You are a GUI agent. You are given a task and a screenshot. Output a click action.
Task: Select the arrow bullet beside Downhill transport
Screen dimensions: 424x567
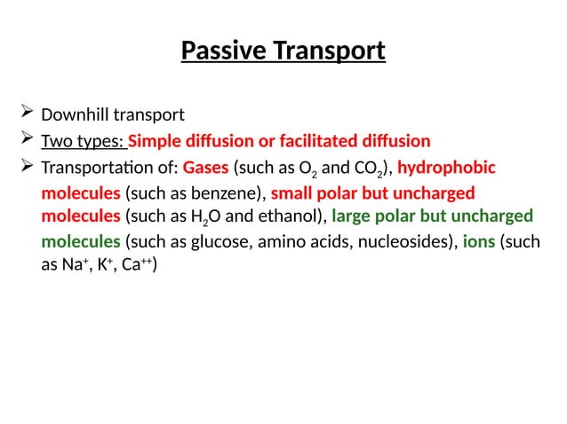click(x=24, y=114)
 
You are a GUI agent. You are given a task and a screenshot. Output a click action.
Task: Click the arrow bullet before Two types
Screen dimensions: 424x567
click(x=24, y=140)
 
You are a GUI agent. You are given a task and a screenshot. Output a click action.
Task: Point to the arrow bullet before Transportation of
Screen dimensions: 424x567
click(x=24, y=167)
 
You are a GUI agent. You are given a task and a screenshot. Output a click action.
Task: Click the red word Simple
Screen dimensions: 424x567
click(x=156, y=141)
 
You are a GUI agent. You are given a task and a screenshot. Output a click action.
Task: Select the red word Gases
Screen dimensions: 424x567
click(x=205, y=168)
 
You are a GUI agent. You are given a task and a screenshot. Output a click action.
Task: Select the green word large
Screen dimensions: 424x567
click(x=350, y=216)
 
